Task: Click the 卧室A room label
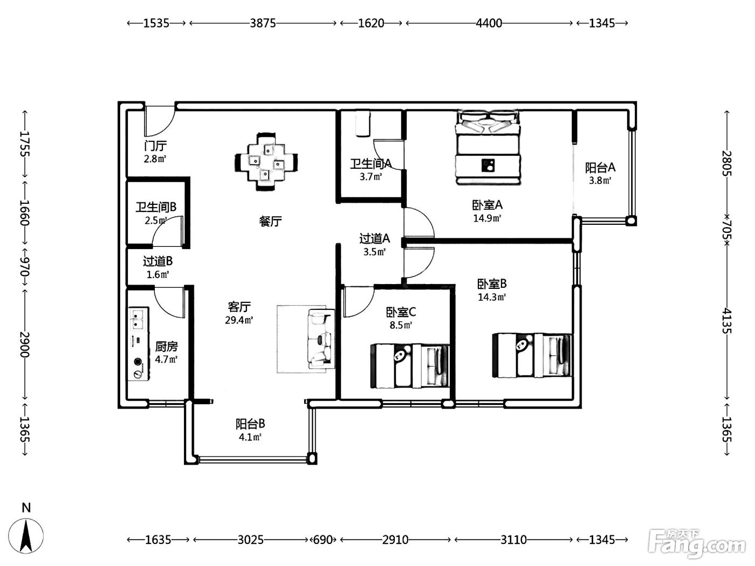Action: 487,205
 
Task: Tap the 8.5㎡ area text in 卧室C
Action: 401,325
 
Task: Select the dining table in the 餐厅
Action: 266,162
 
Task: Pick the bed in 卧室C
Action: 410,366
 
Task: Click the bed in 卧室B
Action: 532,355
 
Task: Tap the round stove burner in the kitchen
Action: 138,362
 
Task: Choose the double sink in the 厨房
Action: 137,319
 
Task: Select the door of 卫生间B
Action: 168,231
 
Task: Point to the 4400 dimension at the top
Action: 489,23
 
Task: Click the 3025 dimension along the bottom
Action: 250,540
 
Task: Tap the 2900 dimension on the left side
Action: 25,344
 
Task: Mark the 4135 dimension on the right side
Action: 726,321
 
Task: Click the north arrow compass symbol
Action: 26,535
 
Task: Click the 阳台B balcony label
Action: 250,424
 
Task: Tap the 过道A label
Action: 374,238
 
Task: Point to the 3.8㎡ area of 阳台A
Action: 600,181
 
